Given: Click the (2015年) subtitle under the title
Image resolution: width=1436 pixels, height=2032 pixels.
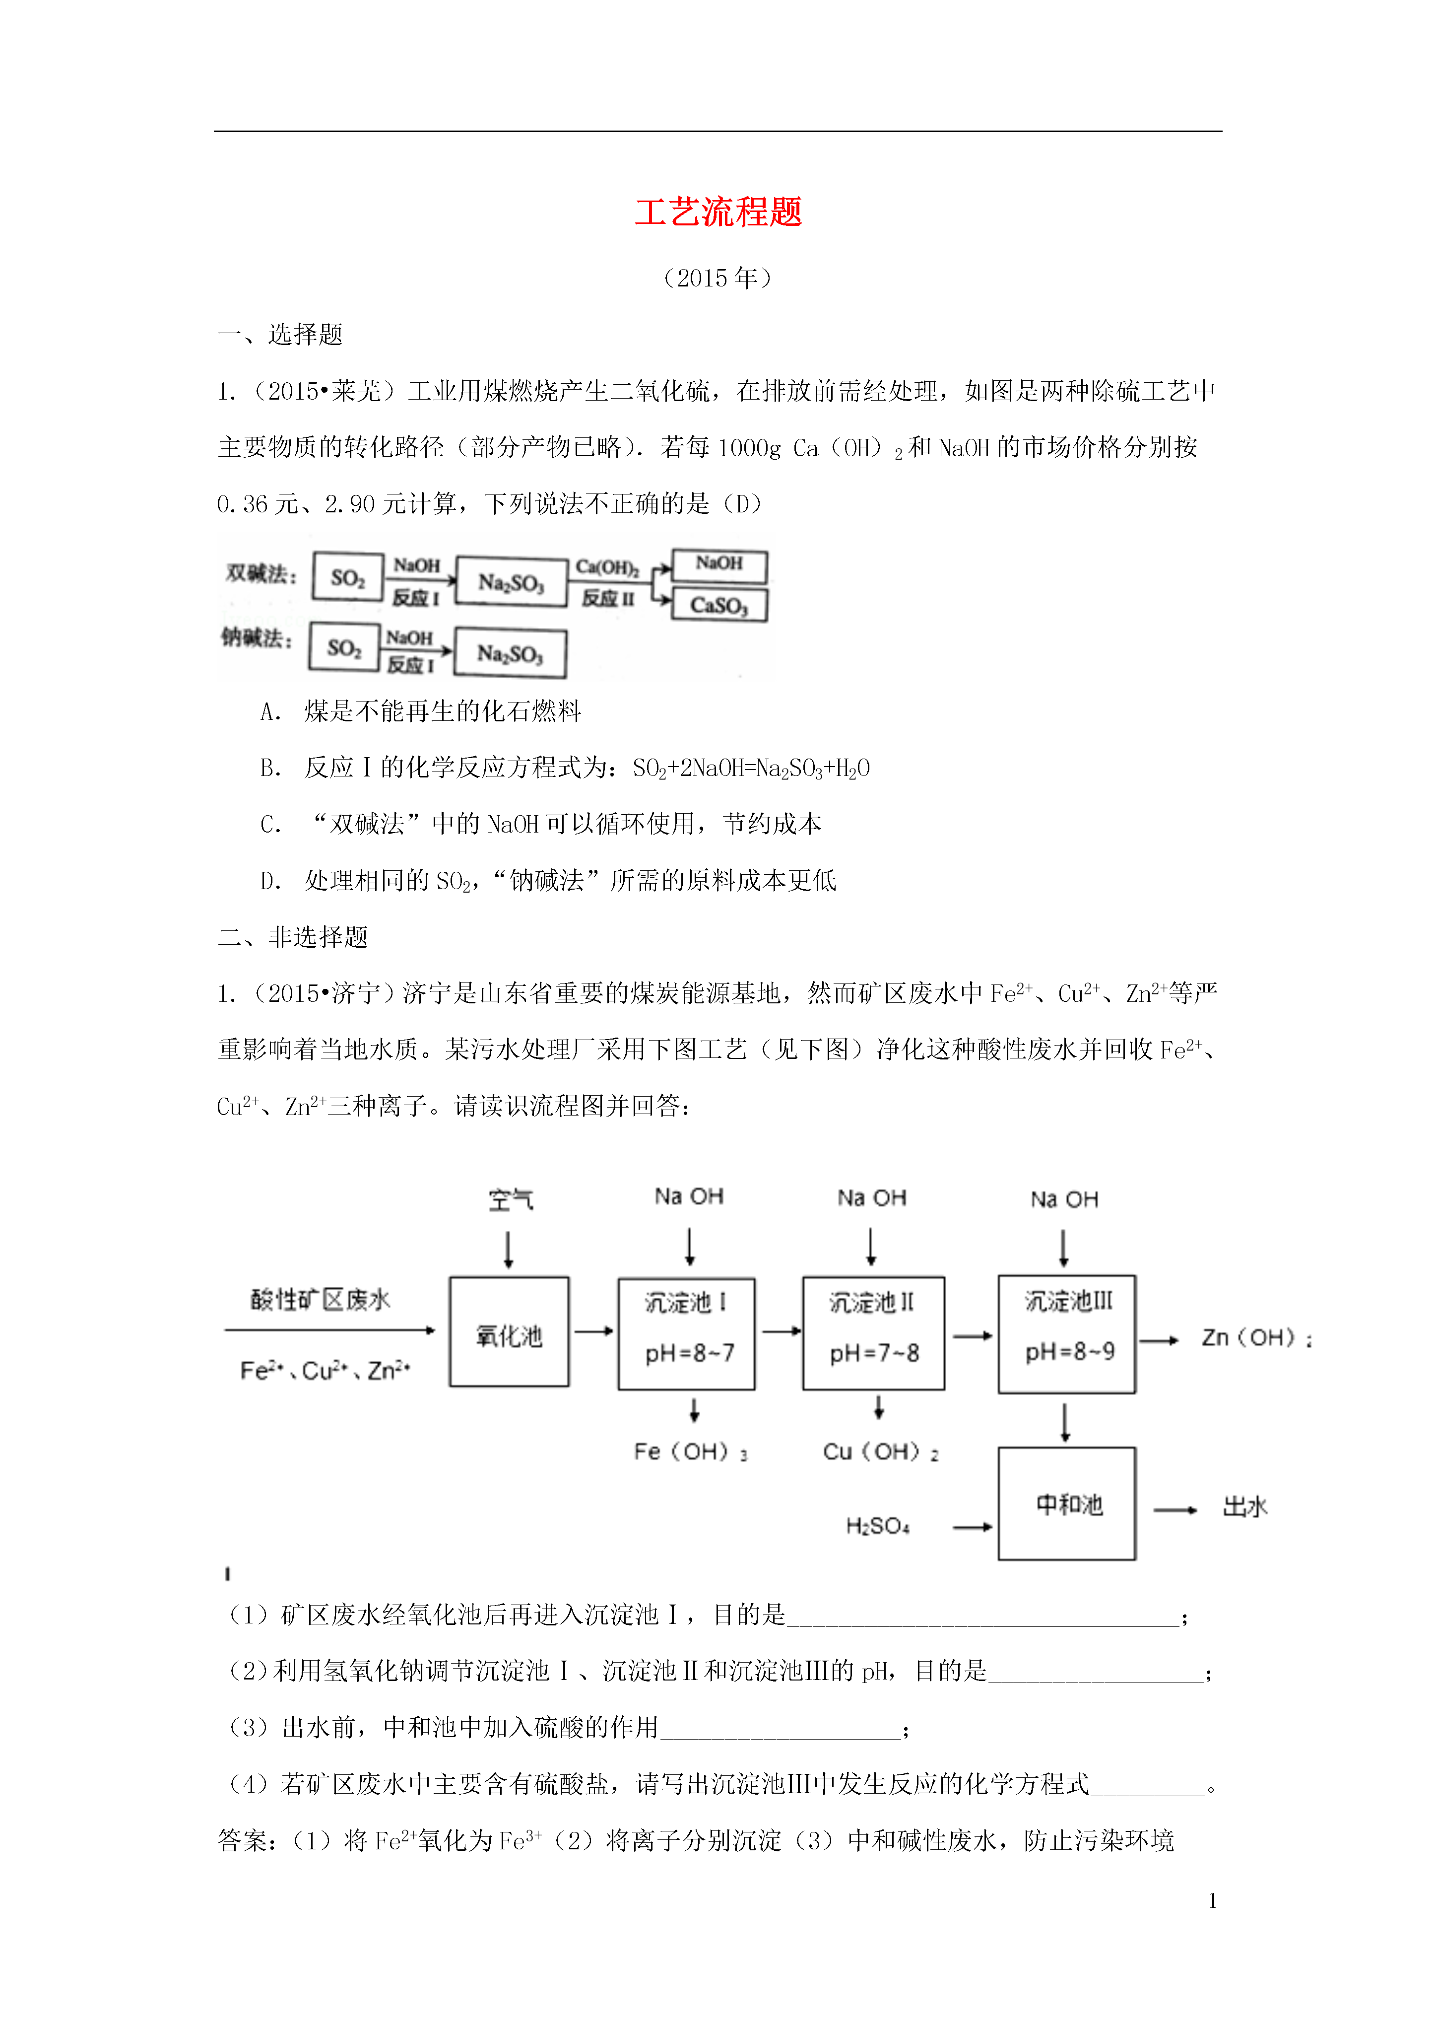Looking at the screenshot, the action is pos(718,278).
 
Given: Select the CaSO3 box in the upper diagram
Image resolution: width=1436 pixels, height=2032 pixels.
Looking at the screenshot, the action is pos(719,605).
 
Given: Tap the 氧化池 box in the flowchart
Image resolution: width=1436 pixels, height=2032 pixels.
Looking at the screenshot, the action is pos(509,1331).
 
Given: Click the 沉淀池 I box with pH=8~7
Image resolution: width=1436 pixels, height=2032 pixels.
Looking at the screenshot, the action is pos(687,1333).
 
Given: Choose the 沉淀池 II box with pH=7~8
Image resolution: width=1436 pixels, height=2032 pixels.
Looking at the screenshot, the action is pos(873,1333).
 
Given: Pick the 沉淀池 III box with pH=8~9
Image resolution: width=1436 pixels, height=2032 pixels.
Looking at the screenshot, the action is pos(1067,1333).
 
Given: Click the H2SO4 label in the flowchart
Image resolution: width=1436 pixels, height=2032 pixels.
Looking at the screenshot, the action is pos(878,1526).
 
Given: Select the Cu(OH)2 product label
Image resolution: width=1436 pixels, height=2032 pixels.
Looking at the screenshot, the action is pos(880,1452).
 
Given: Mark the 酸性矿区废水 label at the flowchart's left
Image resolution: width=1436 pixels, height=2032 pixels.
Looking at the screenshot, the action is pos(320,1299).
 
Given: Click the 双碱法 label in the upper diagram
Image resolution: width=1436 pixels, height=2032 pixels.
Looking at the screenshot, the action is pos(260,573).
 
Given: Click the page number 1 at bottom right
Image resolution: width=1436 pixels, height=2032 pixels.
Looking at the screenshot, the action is pos(1212,1900).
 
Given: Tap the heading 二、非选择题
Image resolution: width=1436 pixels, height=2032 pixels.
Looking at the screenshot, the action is pos(293,937).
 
